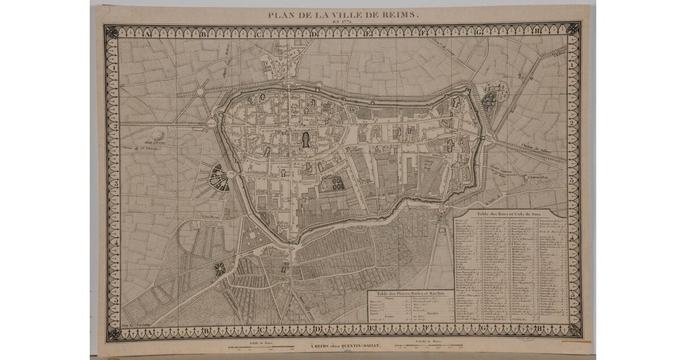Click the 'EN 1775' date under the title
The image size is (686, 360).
point(342,23)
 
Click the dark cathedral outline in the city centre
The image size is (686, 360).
point(307,139)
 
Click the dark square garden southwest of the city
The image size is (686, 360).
point(220,268)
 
